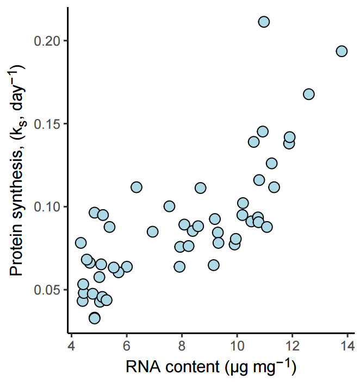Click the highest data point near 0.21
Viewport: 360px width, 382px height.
[x=264, y=22]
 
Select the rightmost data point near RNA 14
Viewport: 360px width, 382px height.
[x=342, y=51]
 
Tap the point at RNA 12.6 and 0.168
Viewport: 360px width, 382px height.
[x=308, y=94]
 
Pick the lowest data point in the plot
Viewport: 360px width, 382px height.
[x=95, y=318]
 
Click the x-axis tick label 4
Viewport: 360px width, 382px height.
[x=72, y=346]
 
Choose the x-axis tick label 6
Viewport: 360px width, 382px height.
[x=127, y=346]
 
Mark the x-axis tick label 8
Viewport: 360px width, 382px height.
[x=182, y=346]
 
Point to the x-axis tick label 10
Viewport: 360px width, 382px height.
[x=237, y=346]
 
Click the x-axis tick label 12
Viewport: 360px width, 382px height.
[x=293, y=346]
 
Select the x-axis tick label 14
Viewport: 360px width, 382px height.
[x=347, y=346]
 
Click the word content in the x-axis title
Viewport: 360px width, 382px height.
[x=188, y=368]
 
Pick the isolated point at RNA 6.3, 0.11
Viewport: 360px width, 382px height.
[x=136, y=187]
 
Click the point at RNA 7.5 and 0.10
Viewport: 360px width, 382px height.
[x=169, y=206]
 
